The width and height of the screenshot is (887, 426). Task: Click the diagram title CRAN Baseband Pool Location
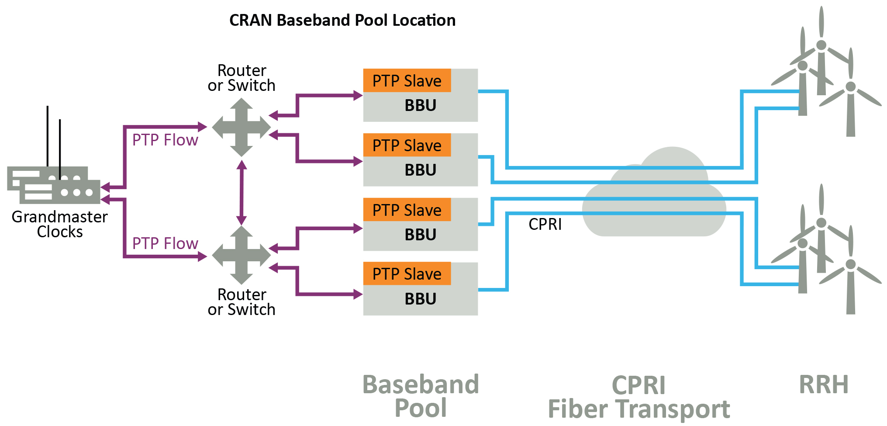tap(342, 21)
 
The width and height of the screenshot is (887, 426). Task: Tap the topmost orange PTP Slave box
tap(407, 80)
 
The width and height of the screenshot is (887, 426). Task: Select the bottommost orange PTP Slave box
tap(407, 274)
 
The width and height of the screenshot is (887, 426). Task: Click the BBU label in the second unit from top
tap(421, 170)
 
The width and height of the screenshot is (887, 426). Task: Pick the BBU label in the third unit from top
tap(421, 235)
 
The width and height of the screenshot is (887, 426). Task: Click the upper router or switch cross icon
tap(242, 127)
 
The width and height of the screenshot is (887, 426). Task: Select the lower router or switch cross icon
tap(242, 255)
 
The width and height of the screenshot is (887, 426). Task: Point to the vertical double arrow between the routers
tap(242, 193)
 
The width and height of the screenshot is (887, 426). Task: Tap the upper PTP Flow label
tap(165, 140)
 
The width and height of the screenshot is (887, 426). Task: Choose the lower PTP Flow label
tap(165, 243)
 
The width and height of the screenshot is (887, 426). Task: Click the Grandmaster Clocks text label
tap(60, 224)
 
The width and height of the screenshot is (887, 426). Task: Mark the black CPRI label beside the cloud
tap(545, 224)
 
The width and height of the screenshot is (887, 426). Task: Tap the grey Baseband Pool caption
tap(421, 396)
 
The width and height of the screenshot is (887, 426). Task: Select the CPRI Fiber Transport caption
tap(639, 397)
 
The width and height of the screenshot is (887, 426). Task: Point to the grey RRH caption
tap(824, 384)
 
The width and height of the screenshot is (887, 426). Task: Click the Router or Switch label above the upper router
tap(242, 78)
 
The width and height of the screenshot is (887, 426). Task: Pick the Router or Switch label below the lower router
tap(242, 302)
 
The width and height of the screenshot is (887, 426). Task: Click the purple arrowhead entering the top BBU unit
tap(358, 95)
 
